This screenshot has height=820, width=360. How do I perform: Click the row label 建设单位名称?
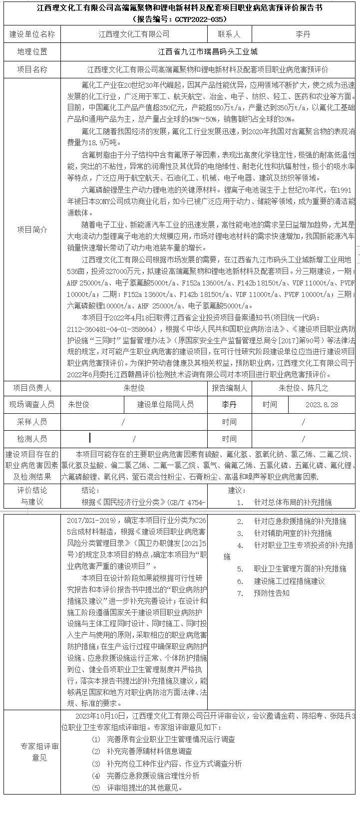(x=32, y=34)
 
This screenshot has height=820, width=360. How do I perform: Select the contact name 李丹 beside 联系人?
(x=303, y=34)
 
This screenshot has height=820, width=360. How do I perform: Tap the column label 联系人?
(x=229, y=34)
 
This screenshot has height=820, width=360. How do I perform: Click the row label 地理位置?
(x=32, y=52)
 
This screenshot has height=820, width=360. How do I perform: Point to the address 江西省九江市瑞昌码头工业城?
(x=208, y=52)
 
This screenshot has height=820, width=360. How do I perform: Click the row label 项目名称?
(x=32, y=69)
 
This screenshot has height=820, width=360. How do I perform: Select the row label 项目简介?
(x=32, y=230)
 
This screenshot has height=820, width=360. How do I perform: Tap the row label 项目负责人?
(x=32, y=388)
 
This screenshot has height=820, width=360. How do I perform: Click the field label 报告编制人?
(x=229, y=388)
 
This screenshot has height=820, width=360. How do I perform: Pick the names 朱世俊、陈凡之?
(x=303, y=388)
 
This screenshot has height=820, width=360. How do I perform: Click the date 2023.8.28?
(x=322, y=405)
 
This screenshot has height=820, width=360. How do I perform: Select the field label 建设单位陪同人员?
(x=165, y=405)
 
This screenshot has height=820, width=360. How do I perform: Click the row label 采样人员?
(x=32, y=422)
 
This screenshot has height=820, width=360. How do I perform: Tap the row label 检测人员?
(x=32, y=439)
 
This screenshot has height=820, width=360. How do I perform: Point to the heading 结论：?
(x=91, y=490)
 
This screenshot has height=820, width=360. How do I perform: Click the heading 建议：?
(x=237, y=490)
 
